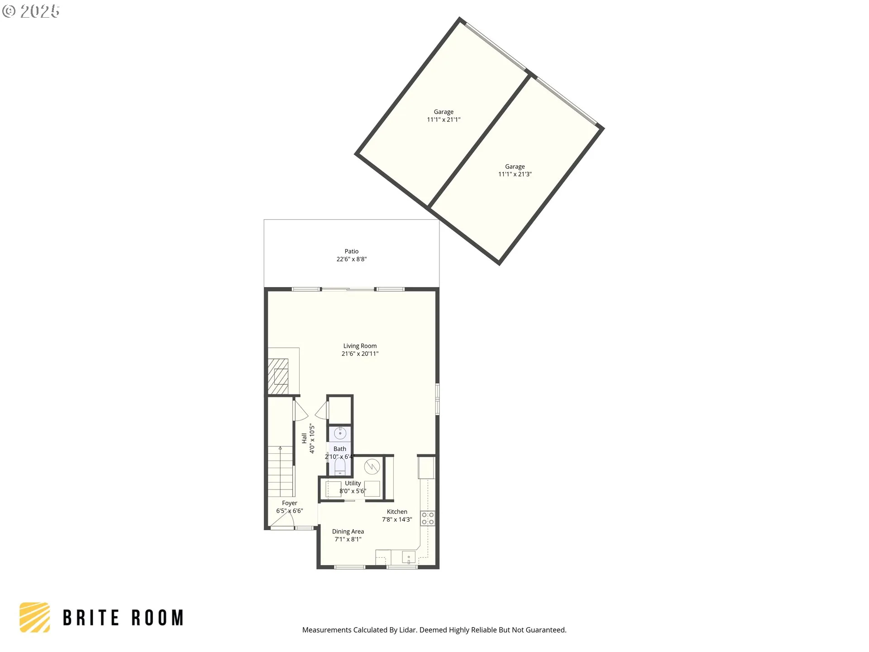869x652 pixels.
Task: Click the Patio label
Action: pos(351,251)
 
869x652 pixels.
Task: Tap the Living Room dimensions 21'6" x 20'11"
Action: pos(360,354)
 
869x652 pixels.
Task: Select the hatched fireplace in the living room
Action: pos(278,376)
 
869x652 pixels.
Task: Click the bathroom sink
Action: pos(340,434)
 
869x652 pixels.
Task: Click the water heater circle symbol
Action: pos(372,466)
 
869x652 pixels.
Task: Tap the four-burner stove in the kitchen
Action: pos(428,518)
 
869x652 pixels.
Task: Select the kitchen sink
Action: pos(409,557)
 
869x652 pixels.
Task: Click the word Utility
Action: pos(353,483)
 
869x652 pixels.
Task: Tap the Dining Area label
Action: pos(348,532)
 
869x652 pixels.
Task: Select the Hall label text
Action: pos(304,438)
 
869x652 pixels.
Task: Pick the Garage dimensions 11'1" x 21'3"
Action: pos(515,174)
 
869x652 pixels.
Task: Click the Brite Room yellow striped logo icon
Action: pos(35,617)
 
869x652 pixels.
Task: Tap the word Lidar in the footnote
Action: pos(407,630)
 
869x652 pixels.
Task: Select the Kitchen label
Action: pos(396,512)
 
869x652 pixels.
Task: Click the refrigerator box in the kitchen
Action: pos(426,468)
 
